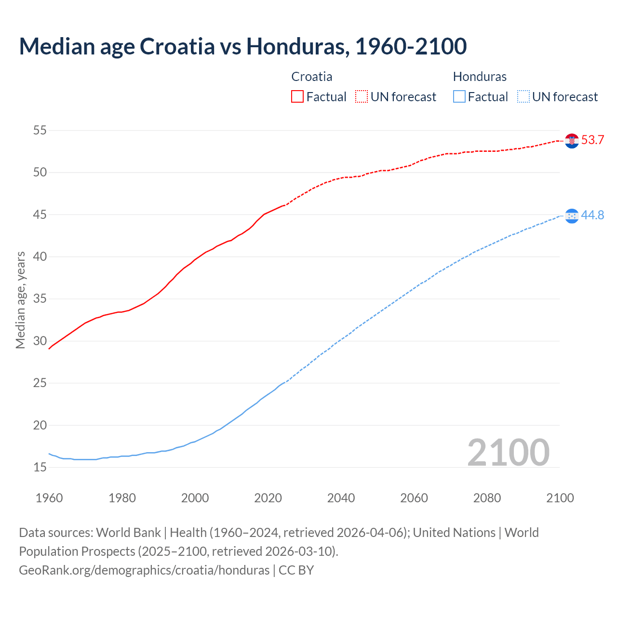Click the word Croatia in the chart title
(x=177, y=46)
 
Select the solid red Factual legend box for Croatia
(x=297, y=96)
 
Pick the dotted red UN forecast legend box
(x=362, y=96)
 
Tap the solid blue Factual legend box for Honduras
(x=459, y=96)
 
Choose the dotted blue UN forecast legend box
(x=523, y=96)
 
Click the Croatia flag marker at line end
(x=572, y=140)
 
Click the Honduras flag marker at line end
(x=572, y=215)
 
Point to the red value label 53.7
(x=592, y=140)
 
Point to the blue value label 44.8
(x=592, y=215)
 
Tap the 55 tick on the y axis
(x=40, y=130)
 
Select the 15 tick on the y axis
(x=40, y=467)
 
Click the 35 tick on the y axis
(x=40, y=299)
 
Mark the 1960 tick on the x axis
(x=49, y=498)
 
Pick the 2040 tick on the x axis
(x=341, y=498)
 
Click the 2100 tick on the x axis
(x=560, y=498)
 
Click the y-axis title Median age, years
(x=20, y=300)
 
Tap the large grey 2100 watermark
(x=508, y=452)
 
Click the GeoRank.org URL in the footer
(x=144, y=570)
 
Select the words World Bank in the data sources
(x=128, y=533)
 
